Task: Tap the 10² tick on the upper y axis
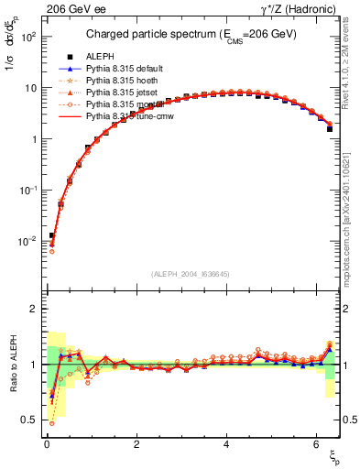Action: (28, 38)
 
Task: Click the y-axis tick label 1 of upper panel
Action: (33, 139)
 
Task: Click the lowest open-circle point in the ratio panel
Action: (51, 422)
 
